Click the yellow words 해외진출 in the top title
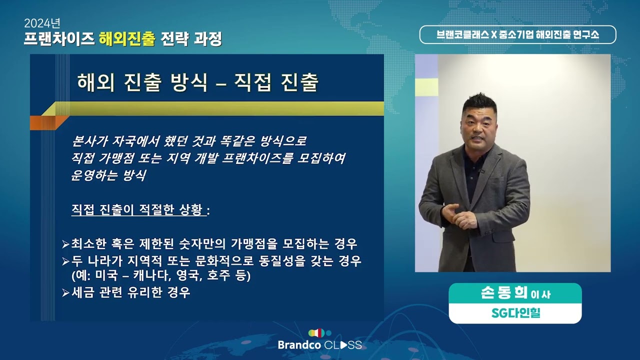(127, 38)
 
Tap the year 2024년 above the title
(42, 23)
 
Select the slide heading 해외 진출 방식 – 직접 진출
(197, 82)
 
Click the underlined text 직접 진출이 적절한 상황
(138, 210)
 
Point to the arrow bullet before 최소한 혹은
(65, 244)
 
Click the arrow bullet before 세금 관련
(65, 293)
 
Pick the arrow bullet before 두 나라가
(65, 261)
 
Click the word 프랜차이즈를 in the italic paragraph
(264, 158)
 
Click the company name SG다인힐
(515, 314)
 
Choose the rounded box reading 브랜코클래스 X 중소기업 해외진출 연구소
(517, 34)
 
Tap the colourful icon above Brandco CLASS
(319, 332)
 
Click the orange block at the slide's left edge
(42, 122)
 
